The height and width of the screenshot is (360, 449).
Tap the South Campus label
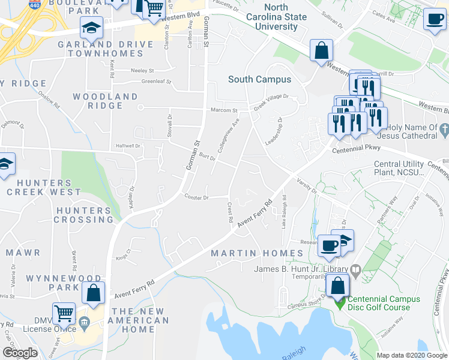pyautogui.click(x=259, y=79)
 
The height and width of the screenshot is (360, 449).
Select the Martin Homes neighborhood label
pyautogui.click(x=249, y=253)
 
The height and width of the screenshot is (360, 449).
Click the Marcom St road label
pyautogui.click(x=224, y=110)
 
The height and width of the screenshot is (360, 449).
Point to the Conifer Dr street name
pyautogui.click(x=196, y=197)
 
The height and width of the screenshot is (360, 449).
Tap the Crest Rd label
pyautogui.click(x=230, y=213)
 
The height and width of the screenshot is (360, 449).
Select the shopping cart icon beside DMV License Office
pyautogui.click(x=64, y=313)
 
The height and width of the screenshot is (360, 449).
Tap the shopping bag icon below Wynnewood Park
pyautogui.click(x=94, y=293)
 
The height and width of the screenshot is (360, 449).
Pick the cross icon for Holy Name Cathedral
pyautogui.click(x=444, y=128)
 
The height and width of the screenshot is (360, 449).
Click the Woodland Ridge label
pyautogui.click(x=105, y=101)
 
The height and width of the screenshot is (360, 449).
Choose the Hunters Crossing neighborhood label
pyautogui.click(x=84, y=215)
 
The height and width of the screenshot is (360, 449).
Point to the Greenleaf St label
pyautogui.click(x=156, y=82)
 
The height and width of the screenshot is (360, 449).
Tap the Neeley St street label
pyautogui.click(x=143, y=70)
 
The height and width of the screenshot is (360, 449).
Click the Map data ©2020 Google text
pyautogui.click(x=411, y=355)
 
